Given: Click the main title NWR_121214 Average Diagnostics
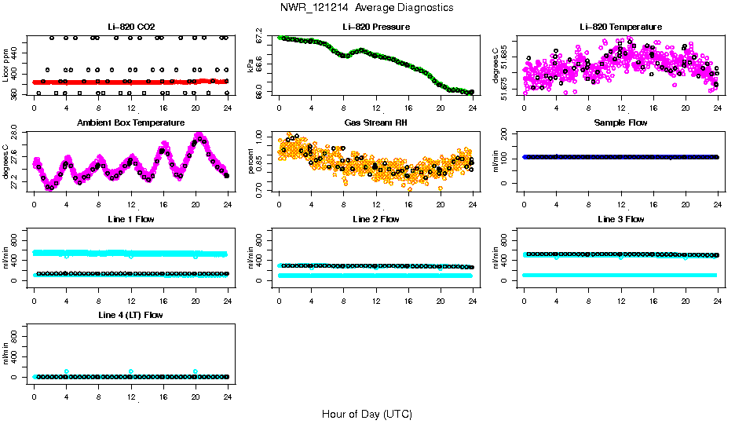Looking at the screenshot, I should click(366, 7).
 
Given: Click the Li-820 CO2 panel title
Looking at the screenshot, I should click(130, 27).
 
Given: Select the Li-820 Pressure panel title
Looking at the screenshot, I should click(375, 27).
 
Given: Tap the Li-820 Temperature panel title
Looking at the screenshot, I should click(620, 27).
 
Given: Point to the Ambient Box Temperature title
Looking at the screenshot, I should click(130, 123).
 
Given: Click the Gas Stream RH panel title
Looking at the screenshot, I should click(375, 123).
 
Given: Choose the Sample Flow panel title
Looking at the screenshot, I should click(620, 123).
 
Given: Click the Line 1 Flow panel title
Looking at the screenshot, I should click(130, 219).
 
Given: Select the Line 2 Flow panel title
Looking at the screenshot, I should click(375, 219).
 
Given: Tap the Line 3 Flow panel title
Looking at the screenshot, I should click(620, 219).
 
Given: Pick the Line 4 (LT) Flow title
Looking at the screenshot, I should click(130, 315).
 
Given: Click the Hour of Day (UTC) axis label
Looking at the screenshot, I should click(367, 414).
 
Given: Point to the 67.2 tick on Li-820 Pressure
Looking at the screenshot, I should click(263, 38).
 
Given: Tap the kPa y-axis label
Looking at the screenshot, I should click(251, 64).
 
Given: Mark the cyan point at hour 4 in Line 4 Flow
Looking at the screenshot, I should click(67, 371).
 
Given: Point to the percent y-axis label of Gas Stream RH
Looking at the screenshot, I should click(251, 161).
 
